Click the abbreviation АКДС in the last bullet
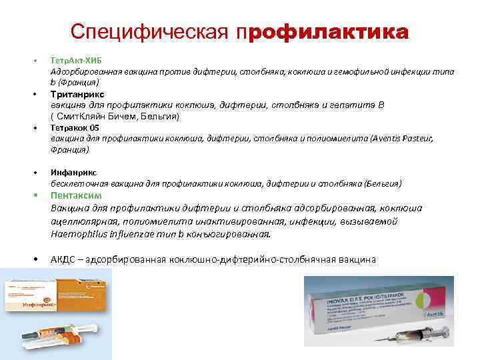63,259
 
